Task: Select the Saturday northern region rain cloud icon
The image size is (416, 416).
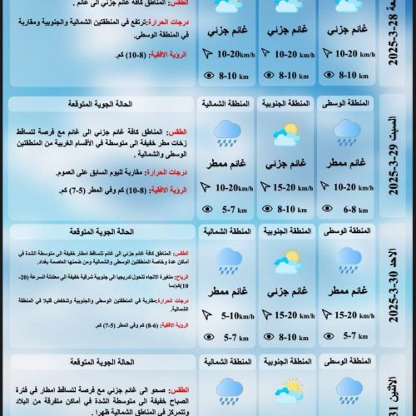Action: [225, 132]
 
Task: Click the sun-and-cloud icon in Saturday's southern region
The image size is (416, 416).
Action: [285, 133]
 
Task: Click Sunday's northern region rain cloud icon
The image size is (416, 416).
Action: [225, 260]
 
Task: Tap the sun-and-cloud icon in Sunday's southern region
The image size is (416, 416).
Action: [285, 260]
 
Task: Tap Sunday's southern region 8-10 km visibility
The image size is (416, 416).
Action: [294, 337]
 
